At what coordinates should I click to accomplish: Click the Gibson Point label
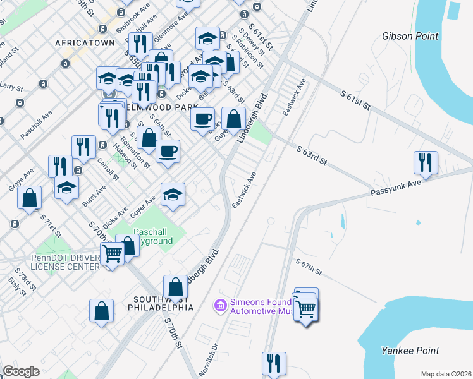(x=410, y=36)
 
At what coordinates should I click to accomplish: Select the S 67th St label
(x=309, y=267)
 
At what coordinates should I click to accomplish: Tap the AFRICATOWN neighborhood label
(x=85, y=43)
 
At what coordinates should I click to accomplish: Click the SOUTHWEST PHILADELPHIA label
(x=164, y=303)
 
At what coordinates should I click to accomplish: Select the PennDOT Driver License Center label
(x=65, y=262)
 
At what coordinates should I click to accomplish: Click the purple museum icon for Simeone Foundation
(x=221, y=306)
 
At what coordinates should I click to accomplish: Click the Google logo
(x=21, y=371)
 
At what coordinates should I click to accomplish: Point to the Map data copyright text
(x=446, y=374)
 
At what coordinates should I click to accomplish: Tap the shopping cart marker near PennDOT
(x=112, y=254)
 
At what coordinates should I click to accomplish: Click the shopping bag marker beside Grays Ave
(x=29, y=197)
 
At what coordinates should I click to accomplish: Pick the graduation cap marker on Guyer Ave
(x=173, y=195)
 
